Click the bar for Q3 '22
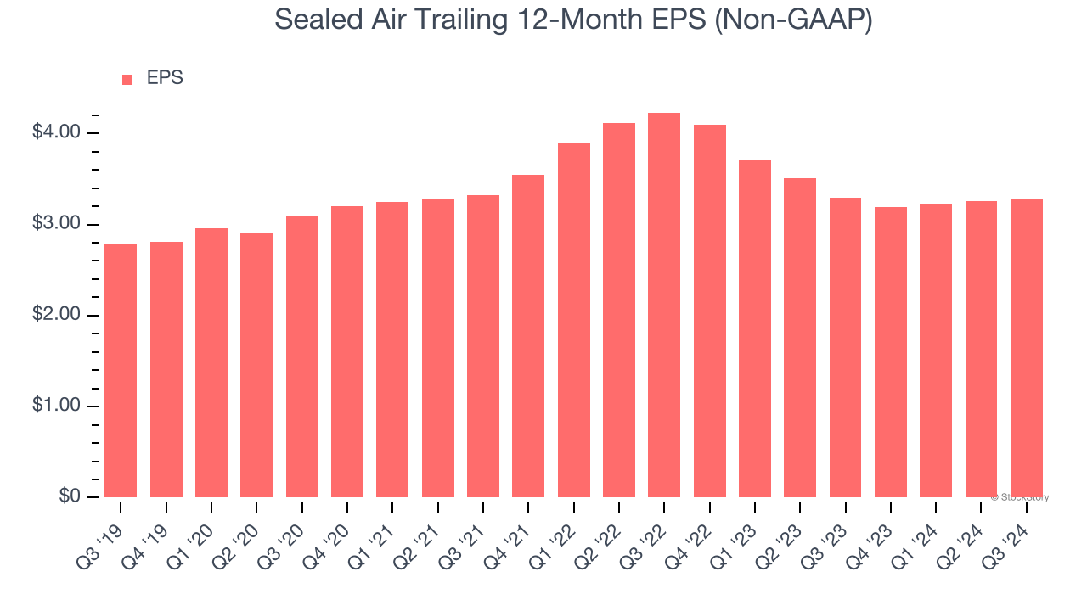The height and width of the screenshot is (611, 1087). (x=664, y=305)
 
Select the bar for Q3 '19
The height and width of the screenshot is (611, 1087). (x=121, y=371)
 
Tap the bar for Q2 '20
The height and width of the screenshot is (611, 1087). (x=256, y=365)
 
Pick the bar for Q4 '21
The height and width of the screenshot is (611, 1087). (x=528, y=336)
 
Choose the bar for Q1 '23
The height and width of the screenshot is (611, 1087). (x=755, y=328)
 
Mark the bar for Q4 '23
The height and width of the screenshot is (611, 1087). (x=891, y=352)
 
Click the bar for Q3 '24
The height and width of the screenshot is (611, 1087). (x=1027, y=348)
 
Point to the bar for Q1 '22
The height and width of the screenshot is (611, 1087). (x=574, y=321)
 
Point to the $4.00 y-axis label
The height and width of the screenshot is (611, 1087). (x=56, y=132)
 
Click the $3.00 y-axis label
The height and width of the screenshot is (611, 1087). (x=56, y=224)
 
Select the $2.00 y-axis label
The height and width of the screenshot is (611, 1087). (x=56, y=315)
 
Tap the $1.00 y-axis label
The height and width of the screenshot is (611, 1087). (x=56, y=406)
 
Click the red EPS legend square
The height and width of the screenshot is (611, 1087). (x=127, y=80)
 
